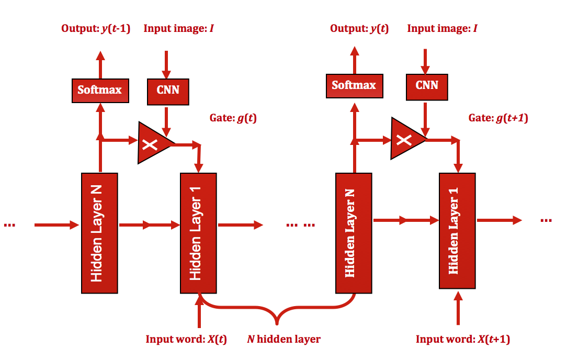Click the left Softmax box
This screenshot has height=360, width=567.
(x=100, y=90)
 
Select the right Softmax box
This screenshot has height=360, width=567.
(x=354, y=85)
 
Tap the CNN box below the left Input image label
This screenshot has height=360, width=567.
(x=168, y=90)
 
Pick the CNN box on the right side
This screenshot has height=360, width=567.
(x=427, y=85)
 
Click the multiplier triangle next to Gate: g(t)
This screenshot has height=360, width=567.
(x=152, y=143)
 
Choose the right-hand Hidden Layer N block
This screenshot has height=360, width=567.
(x=353, y=233)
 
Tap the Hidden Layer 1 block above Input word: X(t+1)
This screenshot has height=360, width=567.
(x=457, y=230)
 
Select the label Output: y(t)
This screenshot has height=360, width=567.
(x=359, y=28)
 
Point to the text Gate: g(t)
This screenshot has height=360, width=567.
(x=233, y=118)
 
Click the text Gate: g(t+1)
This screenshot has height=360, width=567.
(x=498, y=118)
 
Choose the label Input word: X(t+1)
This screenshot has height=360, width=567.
(x=462, y=339)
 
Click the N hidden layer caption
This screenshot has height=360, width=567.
(x=283, y=339)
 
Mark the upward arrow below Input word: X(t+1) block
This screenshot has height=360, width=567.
(x=458, y=309)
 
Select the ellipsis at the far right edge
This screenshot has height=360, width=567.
(x=546, y=220)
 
